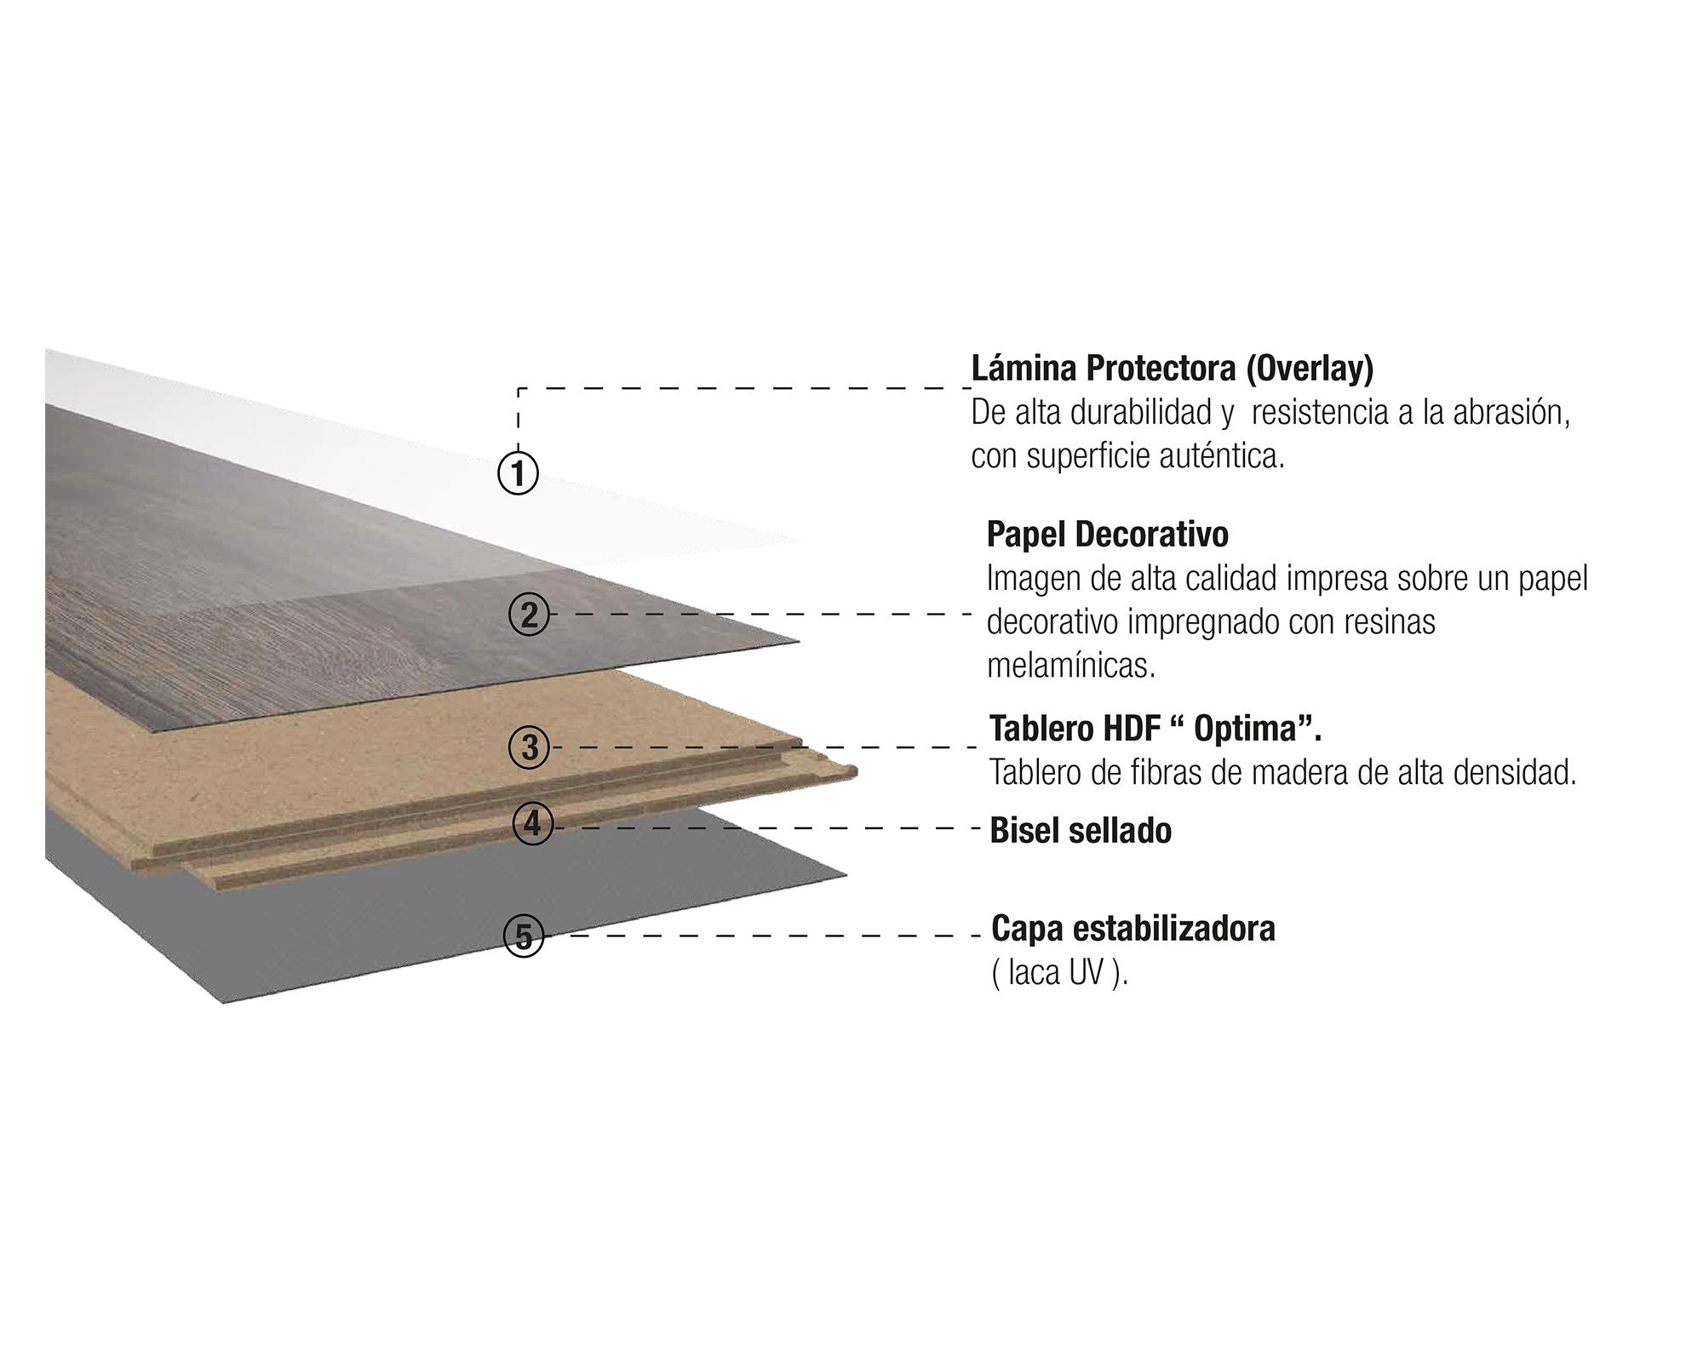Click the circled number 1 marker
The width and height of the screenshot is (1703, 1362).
tap(518, 472)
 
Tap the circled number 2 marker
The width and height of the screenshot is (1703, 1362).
tap(530, 615)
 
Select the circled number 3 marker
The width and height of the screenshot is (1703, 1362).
tap(530, 747)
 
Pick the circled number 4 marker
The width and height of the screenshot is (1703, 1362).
tap(533, 824)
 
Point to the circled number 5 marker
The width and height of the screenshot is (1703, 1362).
tap(525, 936)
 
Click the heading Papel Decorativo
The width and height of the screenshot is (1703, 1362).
tap(1107, 535)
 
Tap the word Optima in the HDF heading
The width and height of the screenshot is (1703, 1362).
tap(1249, 730)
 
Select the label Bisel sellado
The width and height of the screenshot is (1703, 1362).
tap(1081, 831)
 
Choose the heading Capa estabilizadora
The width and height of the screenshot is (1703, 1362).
tap(1133, 929)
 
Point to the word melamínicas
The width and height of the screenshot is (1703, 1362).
tap(1071, 667)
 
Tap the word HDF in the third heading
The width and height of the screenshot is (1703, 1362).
tap(1131, 730)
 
